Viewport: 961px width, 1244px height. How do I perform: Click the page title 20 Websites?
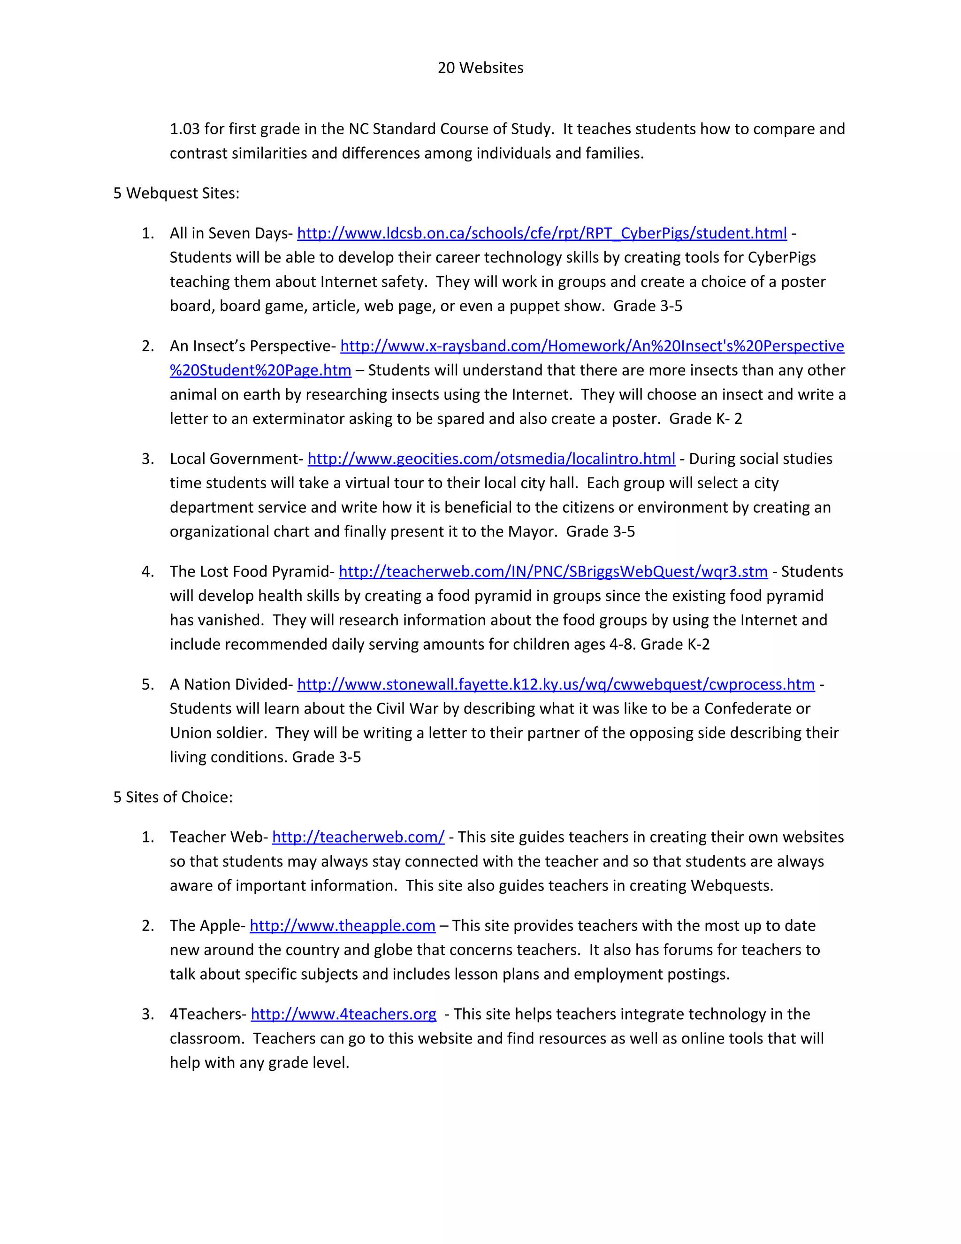tap(480, 68)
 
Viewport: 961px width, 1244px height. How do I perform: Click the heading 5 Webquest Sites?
tap(176, 193)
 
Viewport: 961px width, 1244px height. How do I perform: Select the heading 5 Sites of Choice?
tap(173, 797)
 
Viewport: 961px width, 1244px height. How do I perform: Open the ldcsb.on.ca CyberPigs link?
tap(542, 233)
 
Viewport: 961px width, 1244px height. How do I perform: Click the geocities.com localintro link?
tap(491, 459)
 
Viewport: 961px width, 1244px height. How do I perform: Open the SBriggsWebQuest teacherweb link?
tap(553, 572)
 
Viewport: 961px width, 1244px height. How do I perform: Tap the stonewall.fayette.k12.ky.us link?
tap(556, 684)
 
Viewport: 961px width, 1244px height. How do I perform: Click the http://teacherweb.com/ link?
tap(358, 837)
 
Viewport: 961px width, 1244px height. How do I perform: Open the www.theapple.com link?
tap(342, 926)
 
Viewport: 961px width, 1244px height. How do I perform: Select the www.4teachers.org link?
tap(343, 1014)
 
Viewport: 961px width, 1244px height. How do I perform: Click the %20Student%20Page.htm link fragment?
tap(260, 371)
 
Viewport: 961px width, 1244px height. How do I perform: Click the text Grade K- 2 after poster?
tap(705, 419)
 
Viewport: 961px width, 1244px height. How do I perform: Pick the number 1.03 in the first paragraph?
tap(184, 129)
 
